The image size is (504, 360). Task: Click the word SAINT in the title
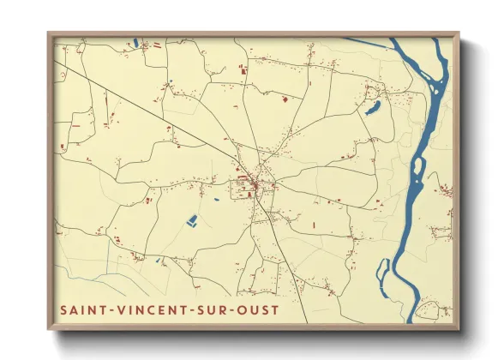(82, 309)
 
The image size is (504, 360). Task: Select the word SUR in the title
(214, 309)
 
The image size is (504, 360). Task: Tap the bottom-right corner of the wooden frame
(459, 330)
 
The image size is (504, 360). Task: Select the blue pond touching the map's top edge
(135, 40)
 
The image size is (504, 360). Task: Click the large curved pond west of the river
(373, 108)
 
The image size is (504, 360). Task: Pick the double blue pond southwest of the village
(192, 220)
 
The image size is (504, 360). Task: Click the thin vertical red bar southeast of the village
(313, 225)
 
